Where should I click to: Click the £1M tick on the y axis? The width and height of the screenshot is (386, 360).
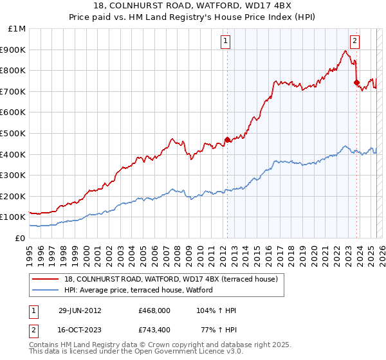17,29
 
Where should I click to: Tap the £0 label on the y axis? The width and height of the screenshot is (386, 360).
21,239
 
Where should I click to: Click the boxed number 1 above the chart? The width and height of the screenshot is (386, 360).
226,42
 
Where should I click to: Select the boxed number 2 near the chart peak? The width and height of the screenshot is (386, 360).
354,42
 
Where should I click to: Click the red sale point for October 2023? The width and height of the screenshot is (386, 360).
356,82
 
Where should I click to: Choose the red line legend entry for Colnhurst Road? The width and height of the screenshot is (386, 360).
170,279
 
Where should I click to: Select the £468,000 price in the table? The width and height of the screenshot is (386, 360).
154,310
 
